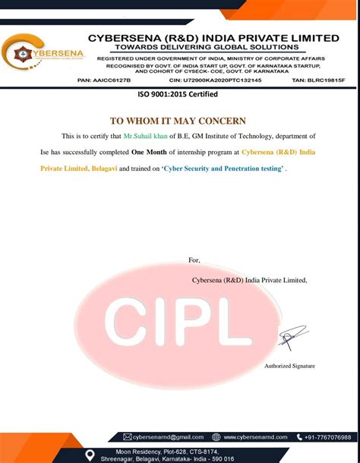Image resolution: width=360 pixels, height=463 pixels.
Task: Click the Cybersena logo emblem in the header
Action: (x=19, y=53)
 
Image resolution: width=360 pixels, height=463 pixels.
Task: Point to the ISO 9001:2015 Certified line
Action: (x=177, y=94)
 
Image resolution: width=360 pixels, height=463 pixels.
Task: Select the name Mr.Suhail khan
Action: (x=147, y=135)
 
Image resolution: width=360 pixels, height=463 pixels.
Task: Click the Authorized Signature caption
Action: (x=289, y=366)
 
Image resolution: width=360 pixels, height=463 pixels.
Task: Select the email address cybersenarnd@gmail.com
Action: (x=169, y=437)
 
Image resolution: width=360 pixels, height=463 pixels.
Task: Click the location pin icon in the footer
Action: (x=90, y=454)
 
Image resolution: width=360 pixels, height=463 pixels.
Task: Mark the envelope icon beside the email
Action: (x=128, y=437)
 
